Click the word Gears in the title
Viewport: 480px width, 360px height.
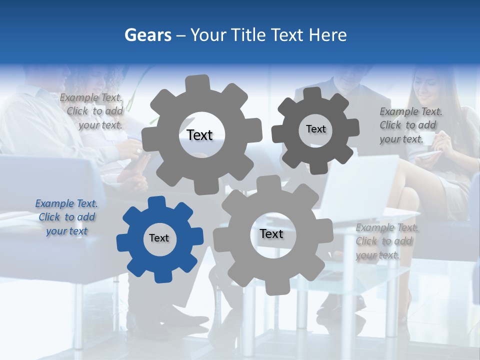click(x=147, y=35)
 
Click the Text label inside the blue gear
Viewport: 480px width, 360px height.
click(x=159, y=238)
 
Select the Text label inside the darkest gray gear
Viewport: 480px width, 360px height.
click(x=315, y=129)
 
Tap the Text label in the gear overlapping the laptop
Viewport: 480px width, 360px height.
click(x=271, y=233)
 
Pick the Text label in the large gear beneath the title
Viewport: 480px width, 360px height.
click(x=199, y=135)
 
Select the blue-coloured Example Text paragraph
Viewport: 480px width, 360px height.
click(x=66, y=217)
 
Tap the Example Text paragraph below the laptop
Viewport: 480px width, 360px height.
click(x=387, y=241)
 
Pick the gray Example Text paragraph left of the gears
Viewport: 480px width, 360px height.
click(x=92, y=111)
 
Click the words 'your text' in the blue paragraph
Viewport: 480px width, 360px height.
click(x=66, y=231)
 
